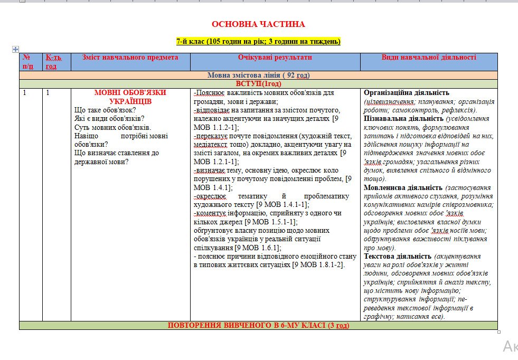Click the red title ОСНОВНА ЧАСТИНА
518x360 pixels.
pos(258,24)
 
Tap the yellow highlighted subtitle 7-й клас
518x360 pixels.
pos(258,42)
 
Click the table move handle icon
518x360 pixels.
pos(16,49)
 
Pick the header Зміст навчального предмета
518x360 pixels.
pos(130,58)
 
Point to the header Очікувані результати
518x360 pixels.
pos(275,58)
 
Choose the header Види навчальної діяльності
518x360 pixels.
pos(429,58)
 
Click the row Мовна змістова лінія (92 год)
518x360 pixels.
pos(258,75)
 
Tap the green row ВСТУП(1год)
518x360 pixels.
pos(258,84)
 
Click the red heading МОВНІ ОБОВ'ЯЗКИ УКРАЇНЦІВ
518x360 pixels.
pos(130,97)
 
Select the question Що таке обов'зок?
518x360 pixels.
pos(105,110)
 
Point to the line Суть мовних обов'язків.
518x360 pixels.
pos(112,127)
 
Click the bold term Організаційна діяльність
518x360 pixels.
pos(407,93)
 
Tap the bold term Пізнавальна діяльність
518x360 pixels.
pos(403,119)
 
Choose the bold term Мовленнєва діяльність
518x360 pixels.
pos(403,187)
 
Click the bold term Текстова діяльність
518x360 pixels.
pos(398,256)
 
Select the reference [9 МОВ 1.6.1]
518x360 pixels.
pos(258,248)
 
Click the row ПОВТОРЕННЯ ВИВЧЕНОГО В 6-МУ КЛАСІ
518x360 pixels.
pos(258,325)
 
